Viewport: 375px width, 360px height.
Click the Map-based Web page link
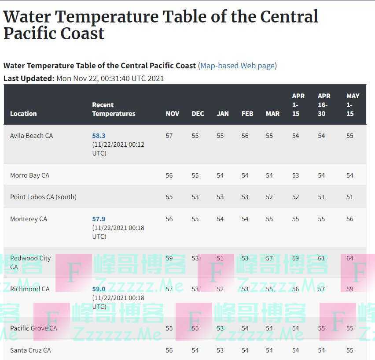tap(238, 66)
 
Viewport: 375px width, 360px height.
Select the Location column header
tap(23, 113)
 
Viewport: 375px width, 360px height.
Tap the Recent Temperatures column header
tap(114, 109)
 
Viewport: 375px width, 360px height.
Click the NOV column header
tap(172, 113)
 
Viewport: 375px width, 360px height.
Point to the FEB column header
tap(247, 113)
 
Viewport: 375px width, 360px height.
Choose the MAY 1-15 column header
tap(353, 104)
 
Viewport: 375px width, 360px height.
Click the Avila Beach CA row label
tap(31, 136)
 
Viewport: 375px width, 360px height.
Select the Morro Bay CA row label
tap(29, 175)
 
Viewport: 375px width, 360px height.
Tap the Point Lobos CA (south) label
tap(43, 197)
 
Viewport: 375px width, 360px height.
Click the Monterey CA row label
tap(28, 219)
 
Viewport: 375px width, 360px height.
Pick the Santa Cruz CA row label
tap(30, 350)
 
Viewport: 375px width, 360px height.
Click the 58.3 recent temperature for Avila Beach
tap(99, 136)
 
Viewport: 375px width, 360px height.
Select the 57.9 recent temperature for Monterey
tap(99, 219)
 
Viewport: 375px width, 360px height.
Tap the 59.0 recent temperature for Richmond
tap(99, 289)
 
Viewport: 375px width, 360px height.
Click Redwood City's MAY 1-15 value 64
tap(349, 258)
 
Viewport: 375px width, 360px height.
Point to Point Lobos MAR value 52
tap(269, 197)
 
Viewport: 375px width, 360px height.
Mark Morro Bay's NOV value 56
tap(169, 175)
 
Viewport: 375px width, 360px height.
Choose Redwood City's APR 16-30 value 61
tap(321, 258)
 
